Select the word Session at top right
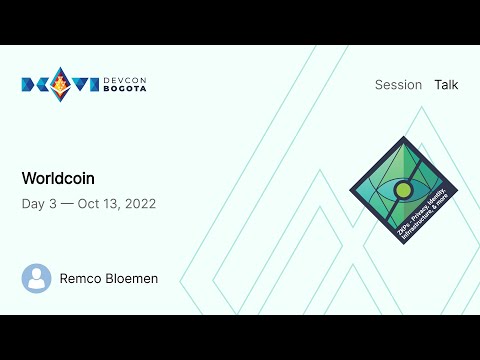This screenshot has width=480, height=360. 398,85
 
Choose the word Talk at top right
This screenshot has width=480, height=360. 446,85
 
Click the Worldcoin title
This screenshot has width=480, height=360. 58,178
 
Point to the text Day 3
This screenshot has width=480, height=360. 39,203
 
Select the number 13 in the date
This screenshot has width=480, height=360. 112,203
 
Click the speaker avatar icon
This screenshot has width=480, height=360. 37,278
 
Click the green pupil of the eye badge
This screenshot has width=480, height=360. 403,190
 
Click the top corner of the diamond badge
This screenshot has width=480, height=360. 403,137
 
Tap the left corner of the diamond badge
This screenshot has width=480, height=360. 350,190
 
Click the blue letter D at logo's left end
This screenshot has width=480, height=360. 29,84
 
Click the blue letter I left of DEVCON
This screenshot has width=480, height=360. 94,84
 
